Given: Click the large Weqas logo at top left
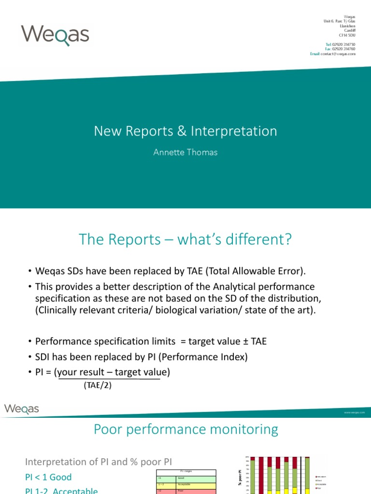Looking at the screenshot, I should coord(55,35).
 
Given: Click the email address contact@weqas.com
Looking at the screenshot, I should coord(338,54).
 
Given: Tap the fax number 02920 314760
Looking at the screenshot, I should coord(343,49).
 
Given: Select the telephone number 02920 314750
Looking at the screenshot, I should coord(343,44).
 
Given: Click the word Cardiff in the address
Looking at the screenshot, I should coord(350,30).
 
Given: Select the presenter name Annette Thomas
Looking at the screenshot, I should coord(185,152).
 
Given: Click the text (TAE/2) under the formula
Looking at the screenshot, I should coord(98,385).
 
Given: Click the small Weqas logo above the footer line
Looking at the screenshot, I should coord(22,409).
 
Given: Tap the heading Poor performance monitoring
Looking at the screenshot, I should coord(185,429).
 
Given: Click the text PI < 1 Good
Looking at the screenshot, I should coord(48,477).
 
